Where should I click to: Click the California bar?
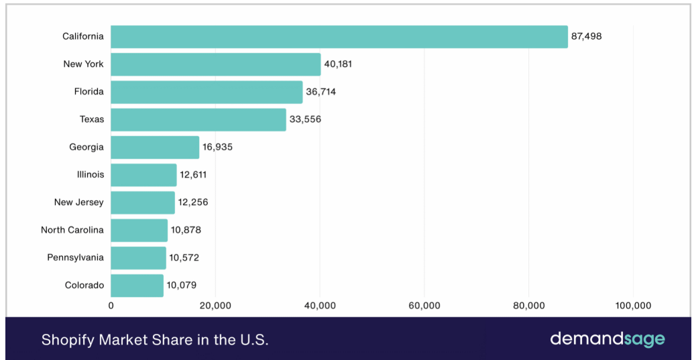point(339,37)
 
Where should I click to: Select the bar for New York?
point(216,64)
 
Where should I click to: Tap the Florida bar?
point(207,92)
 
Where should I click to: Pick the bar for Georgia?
point(155,147)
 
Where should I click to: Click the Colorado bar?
point(137,286)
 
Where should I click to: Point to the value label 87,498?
point(586,37)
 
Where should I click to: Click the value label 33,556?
point(305,119)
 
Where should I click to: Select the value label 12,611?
point(193,175)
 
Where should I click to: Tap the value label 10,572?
point(184,257)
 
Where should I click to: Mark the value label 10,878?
point(186,230)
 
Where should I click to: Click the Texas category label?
point(92,119)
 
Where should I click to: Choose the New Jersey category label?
point(79,202)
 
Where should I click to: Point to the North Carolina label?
point(72,230)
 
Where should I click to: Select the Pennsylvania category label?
point(76,257)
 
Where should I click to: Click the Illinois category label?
point(91,175)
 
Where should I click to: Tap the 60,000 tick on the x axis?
point(424,306)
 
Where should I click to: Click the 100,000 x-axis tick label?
point(633,306)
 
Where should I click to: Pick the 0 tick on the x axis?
point(111,306)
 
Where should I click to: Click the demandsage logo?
point(608,339)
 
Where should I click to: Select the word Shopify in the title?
point(68,340)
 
